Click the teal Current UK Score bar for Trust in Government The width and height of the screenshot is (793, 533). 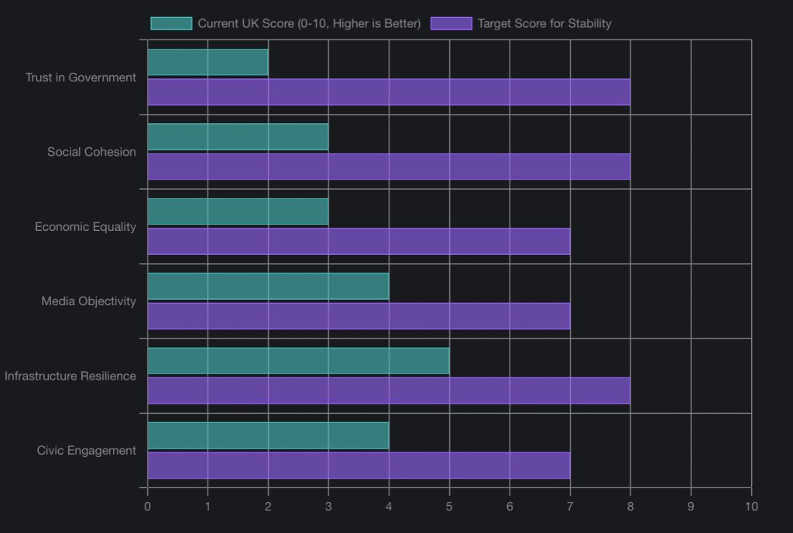point(208,63)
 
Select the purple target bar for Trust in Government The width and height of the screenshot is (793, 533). point(389,92)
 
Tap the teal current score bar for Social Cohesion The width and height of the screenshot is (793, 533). point(238,137)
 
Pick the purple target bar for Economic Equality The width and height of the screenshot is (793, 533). point(359,242)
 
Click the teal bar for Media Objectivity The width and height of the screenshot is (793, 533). point(268,287)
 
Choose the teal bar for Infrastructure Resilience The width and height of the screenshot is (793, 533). point(298,361)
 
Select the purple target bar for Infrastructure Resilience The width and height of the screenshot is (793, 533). point(389,390)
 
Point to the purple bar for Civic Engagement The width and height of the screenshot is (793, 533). point(359,466)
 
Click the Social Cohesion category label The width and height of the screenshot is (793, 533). point(91,152)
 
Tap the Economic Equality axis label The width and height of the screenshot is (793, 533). point(85,227)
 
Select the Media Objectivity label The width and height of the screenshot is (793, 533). point(88,301)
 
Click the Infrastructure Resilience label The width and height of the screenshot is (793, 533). point(70,377)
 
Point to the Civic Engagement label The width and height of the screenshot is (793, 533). point(87,451)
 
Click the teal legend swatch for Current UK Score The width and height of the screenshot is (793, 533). point(171,23)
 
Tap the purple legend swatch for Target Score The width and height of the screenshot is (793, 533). point(451,23)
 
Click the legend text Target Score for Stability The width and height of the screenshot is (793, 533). point(544,23)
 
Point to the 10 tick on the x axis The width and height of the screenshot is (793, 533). point(751,506)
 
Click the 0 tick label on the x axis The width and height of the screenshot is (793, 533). point(147,506)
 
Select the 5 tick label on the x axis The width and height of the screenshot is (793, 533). point(449,506)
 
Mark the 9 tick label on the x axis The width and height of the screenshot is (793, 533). point(691,506)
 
